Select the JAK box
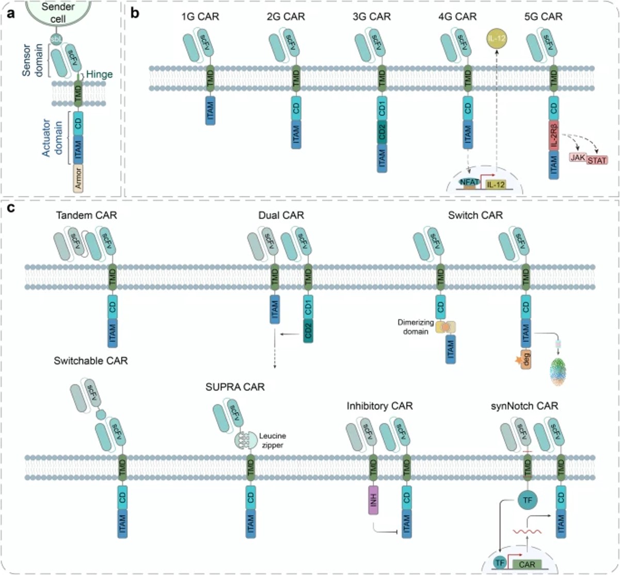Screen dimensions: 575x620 pos(577,158)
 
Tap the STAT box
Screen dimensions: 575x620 pos(597,160)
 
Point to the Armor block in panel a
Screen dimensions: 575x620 pos(78,178)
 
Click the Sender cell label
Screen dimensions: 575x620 pos(58,12)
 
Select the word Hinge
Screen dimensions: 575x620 pos(99,74)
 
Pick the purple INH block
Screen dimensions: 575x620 pos(373,499)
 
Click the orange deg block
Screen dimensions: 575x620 pos(526,358)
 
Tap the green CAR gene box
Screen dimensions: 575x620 pos(527,564)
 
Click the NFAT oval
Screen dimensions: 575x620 pos(469,182)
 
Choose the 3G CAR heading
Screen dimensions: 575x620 pos(372,17)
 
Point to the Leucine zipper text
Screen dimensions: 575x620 pos(272,440)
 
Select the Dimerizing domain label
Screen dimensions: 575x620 pos(416,327)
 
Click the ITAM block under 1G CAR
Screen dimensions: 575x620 pos(210,110)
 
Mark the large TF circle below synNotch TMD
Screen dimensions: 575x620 pos(527,500)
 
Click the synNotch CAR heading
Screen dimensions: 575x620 pos(524,406)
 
